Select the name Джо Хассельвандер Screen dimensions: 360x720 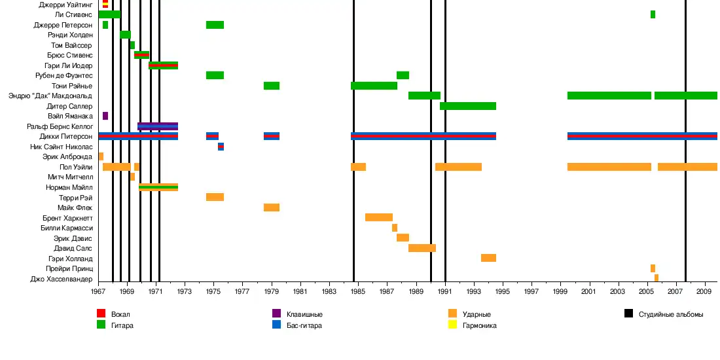click(x=62, y=278)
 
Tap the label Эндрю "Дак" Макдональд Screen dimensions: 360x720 click(x=50, y=96)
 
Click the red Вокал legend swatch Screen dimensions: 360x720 click(x=101, y=314)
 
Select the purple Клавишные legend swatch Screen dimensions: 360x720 click(x=277, y=314)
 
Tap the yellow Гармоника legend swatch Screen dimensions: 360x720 click(x=452, y=325)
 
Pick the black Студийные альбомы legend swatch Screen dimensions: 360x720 click(x=628, y=314)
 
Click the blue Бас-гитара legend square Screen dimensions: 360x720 click(x=277, y=325)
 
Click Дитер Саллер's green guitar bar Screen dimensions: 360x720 click(x=468, y=106)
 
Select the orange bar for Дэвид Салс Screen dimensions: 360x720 click(x=422, y=248)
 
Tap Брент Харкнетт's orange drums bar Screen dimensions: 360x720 click(x=379, y=217)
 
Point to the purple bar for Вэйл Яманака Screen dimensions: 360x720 click(x=105, y=116)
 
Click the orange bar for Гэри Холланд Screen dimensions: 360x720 click(x=488, y=258)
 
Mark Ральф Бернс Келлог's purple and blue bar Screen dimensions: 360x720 click(x=158, y=126)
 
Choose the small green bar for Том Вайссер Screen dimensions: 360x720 click(x=132, y=45)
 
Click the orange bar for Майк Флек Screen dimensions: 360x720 click(x=272, y=207)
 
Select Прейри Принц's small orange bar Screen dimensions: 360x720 click(x=653, y=268)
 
